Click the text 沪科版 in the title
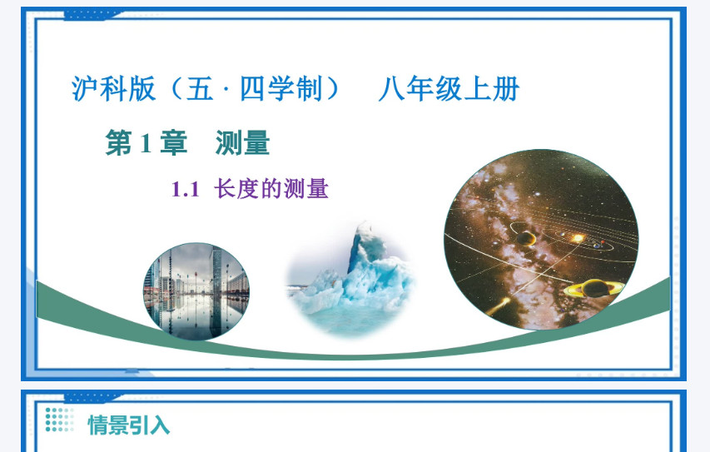[114, 89]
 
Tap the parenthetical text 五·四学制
[254, 89]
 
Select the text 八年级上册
[449, 89]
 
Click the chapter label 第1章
[146, 142]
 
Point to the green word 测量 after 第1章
[243, 142]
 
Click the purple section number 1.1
[185, 189]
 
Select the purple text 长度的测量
[271, 189]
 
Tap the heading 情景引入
[128, 425]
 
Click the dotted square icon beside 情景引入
[59, 420]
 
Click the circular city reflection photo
[196, 291]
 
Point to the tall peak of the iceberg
[365, 245]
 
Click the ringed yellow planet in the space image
[594, 288]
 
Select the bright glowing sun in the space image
[578, 238]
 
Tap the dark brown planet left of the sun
[526, 238]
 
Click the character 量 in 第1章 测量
[256, 142]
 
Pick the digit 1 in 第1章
[146, 143]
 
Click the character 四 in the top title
[253, 89]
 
